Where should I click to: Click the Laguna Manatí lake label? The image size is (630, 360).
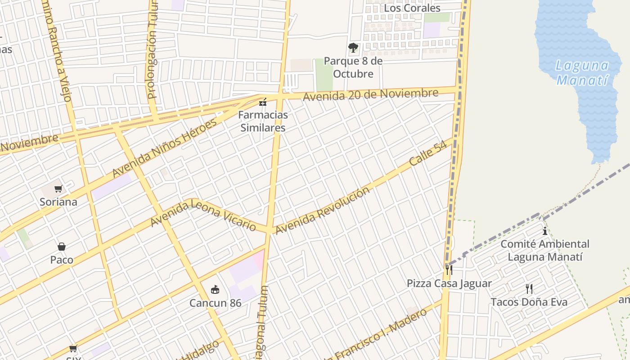(x=582, y=72)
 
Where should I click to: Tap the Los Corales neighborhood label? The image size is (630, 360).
(x=412, y=8)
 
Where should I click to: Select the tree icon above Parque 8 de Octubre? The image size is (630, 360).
(x=353, y=47)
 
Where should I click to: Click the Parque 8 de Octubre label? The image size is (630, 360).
(x=353, y=67)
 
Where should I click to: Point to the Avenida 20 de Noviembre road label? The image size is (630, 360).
(x=370, y=94)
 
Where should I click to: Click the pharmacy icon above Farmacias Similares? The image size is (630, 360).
(x=263, y=103)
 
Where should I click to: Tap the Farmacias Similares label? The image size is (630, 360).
(x=263, y=121)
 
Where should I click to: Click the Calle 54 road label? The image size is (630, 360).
(x=428, y=154)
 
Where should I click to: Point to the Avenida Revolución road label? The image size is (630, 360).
(x=322, y=210)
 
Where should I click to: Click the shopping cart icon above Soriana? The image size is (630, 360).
(x=58, y=189)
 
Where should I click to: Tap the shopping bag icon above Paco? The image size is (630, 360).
(x=62, y=247)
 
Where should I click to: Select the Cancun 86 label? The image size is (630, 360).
(x=215, y=303)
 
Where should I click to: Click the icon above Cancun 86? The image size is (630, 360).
(x=215, y=289)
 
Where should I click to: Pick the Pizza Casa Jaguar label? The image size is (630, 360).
(x=449, y=283)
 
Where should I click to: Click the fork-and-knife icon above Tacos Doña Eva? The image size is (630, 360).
(x=529, y=288)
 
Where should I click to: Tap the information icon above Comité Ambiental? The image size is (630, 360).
(x=545, y=231)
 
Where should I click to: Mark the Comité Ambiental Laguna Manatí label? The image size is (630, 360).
(x=545, y=251)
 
